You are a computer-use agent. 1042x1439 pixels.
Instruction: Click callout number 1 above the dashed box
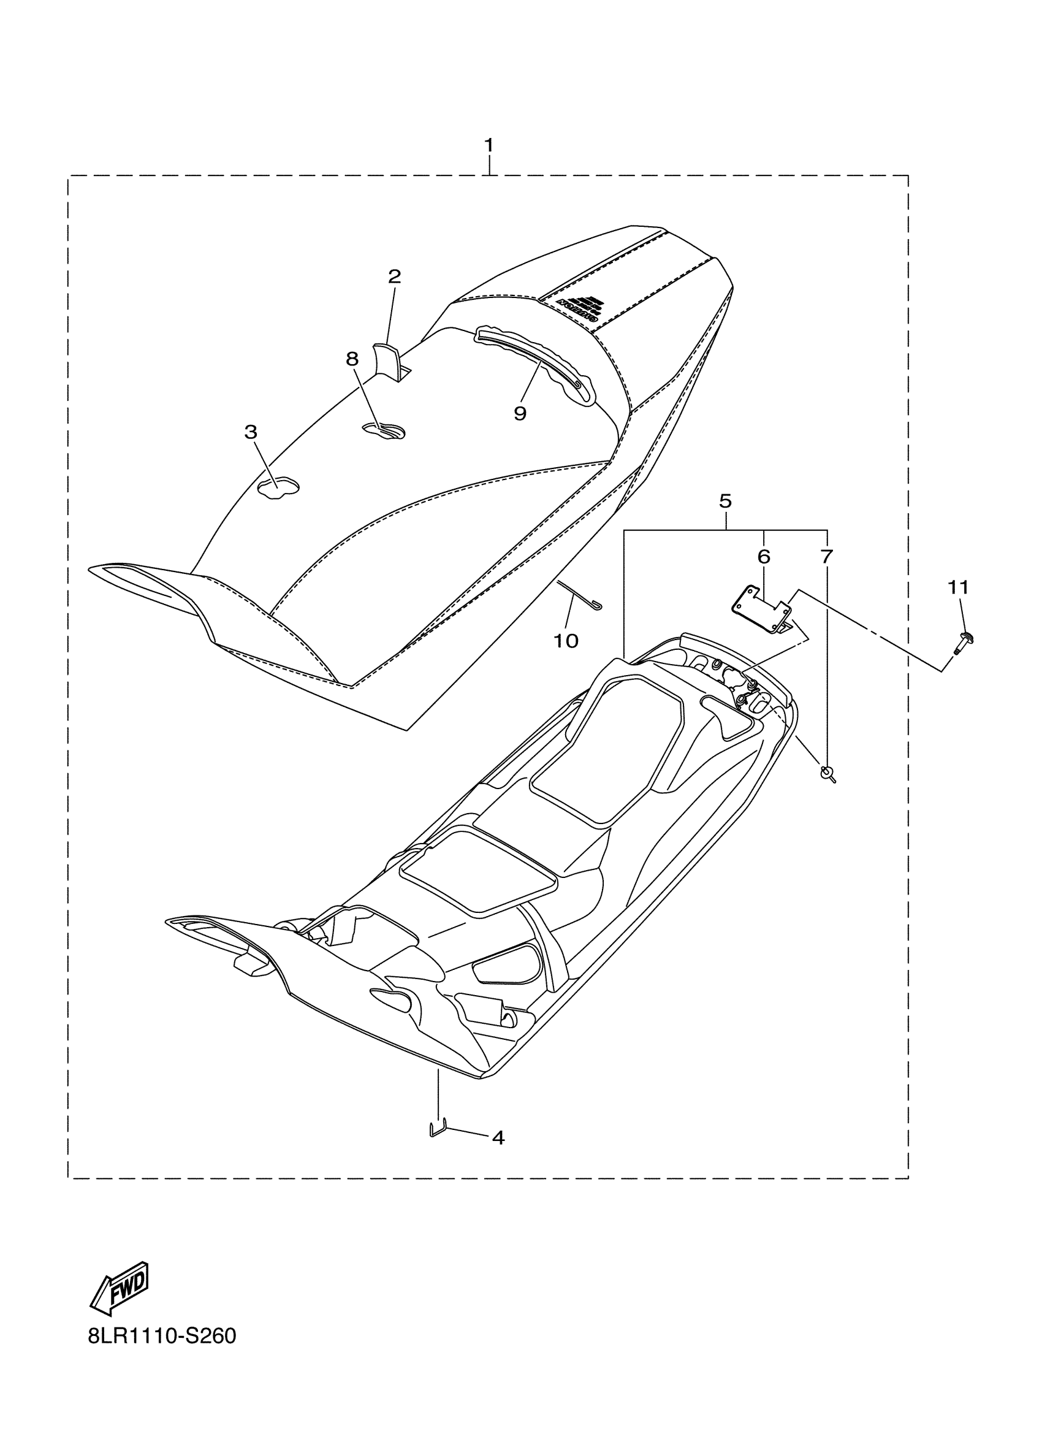pos(489,145)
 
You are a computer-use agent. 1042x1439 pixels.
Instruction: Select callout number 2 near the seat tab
pos(395,277)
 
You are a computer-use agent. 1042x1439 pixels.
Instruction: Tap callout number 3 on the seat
pos(251,432)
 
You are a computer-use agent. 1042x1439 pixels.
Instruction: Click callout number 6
pos(764,557)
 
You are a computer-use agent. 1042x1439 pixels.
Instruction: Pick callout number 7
pos(826,557)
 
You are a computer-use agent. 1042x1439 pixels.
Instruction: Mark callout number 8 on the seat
pos(352,359)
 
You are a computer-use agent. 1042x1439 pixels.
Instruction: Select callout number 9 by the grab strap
pos(520,414)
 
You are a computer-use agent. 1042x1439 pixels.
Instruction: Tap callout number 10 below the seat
pos(566,641)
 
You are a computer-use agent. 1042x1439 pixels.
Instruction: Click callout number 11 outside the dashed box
pos(958,588)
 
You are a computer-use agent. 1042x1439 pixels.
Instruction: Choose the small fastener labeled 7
pos(827,772)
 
